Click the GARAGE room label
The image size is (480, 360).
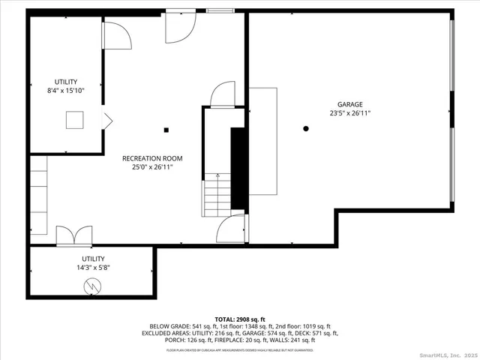click(349, 104)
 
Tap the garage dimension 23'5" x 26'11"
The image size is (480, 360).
click(349, 114)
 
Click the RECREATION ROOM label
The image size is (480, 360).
click(152, 158)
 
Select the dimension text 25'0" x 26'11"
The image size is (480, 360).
click(152, 167)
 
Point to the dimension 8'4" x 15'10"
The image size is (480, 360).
click(65, 91)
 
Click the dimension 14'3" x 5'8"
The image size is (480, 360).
click(91, 266)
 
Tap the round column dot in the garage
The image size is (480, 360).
click(306, 129)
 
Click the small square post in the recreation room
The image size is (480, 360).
click(166, 130)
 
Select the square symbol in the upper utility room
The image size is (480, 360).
click(74, 121)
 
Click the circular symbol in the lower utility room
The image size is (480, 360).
click(91, 286)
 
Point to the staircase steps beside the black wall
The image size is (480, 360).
click(217, 194)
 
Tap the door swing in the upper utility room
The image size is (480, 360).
click(114, 34)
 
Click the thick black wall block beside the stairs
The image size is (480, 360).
click(238, 168)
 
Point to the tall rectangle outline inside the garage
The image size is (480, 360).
click(263, 140)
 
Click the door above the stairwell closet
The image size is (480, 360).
click(223, 96)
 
